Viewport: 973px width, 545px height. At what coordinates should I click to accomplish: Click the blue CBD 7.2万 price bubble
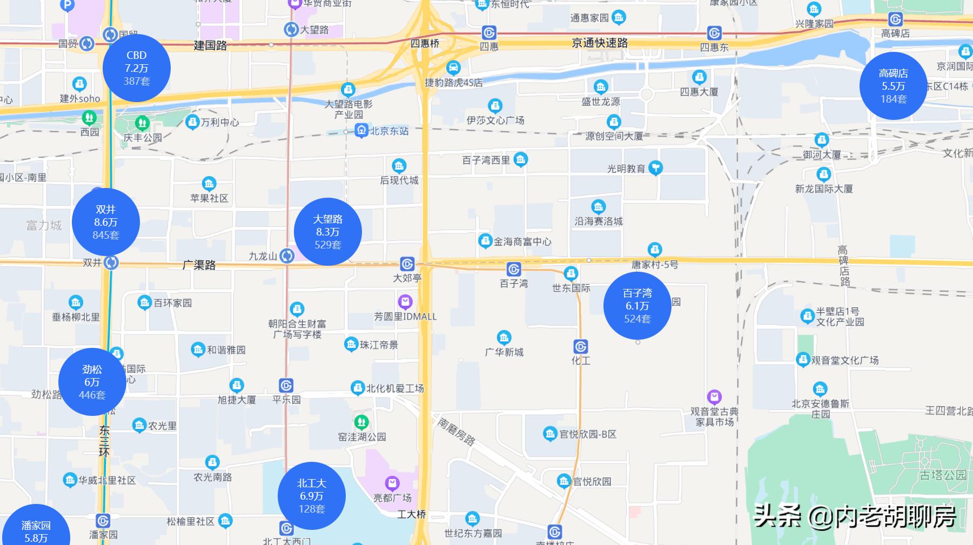point(136,68)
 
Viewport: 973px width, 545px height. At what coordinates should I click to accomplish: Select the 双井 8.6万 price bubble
point(106,222)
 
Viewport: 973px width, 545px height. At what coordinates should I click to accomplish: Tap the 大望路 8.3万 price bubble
point(327,232)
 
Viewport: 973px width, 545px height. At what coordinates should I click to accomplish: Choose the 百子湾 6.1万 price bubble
point(637,306)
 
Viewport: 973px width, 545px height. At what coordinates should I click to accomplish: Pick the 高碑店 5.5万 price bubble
point(893,86)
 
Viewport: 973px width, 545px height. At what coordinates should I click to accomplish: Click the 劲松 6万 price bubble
point(92,382)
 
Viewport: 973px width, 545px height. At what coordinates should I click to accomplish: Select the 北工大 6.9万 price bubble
point(311,496)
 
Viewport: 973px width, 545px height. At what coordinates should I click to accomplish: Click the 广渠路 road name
point(199,265)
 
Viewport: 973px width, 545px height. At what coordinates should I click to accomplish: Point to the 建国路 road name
point(210,45)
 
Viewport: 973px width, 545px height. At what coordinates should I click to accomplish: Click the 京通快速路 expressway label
point(600,43)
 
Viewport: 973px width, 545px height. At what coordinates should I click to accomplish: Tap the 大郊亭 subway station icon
point(407,264)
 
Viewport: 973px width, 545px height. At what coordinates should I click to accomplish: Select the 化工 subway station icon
point(581,346)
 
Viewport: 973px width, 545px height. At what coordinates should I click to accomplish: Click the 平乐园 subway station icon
point(286,386)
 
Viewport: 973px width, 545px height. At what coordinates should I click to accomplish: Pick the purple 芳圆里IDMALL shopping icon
point(405,301)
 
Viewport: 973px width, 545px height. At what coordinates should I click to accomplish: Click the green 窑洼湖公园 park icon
point(361,421)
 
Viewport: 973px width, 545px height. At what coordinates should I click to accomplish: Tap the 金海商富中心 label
point(522,241)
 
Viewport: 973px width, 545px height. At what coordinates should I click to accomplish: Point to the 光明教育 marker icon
point(655,168)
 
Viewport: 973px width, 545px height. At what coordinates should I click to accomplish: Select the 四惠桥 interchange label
point(425,43)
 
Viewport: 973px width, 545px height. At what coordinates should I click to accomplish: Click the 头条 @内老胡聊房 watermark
point(854,516)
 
